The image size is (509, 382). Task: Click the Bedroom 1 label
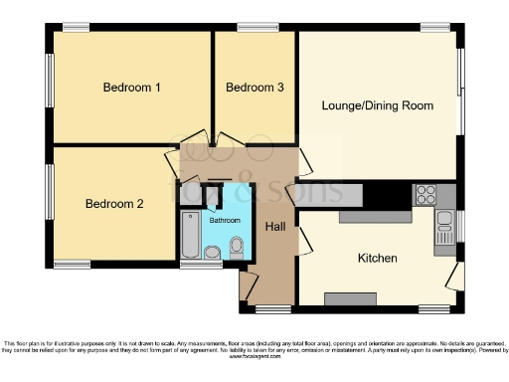(132, 88)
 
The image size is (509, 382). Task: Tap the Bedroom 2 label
(114, 204)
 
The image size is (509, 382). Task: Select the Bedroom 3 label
(255, 88)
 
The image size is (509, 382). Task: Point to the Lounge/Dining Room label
(377, 104)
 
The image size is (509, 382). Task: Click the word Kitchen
(378, 259)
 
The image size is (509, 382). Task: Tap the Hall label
(276, 227)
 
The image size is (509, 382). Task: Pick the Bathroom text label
(225, 220)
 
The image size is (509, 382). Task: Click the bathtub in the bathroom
(190, 235)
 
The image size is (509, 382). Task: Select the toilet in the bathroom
(237, 246)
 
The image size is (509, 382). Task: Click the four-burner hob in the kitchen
(426, 193)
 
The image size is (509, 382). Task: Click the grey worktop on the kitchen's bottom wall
(344, 297)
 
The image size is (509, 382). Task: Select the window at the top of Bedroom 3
(256, 27)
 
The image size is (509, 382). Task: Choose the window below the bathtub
(193, 265)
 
